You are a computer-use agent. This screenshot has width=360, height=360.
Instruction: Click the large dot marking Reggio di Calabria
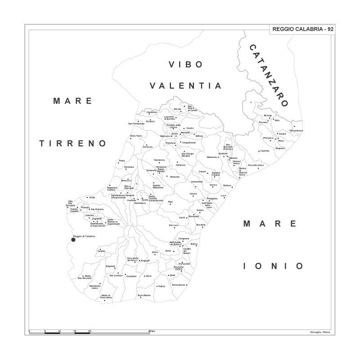74,240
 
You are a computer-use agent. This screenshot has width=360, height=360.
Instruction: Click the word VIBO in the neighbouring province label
186,64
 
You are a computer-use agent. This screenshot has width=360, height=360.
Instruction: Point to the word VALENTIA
186,85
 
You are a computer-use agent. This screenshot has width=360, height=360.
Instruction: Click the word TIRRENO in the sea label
72,144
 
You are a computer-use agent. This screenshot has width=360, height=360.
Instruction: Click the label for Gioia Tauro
136,135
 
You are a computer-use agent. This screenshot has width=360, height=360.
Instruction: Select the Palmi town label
121,161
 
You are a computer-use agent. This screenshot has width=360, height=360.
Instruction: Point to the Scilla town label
92,198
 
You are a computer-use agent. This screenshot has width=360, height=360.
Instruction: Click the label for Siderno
227,185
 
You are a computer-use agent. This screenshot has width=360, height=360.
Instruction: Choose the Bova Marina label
144,295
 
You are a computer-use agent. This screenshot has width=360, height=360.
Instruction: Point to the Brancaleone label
179,284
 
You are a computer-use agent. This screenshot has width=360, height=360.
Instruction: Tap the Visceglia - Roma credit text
320,332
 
